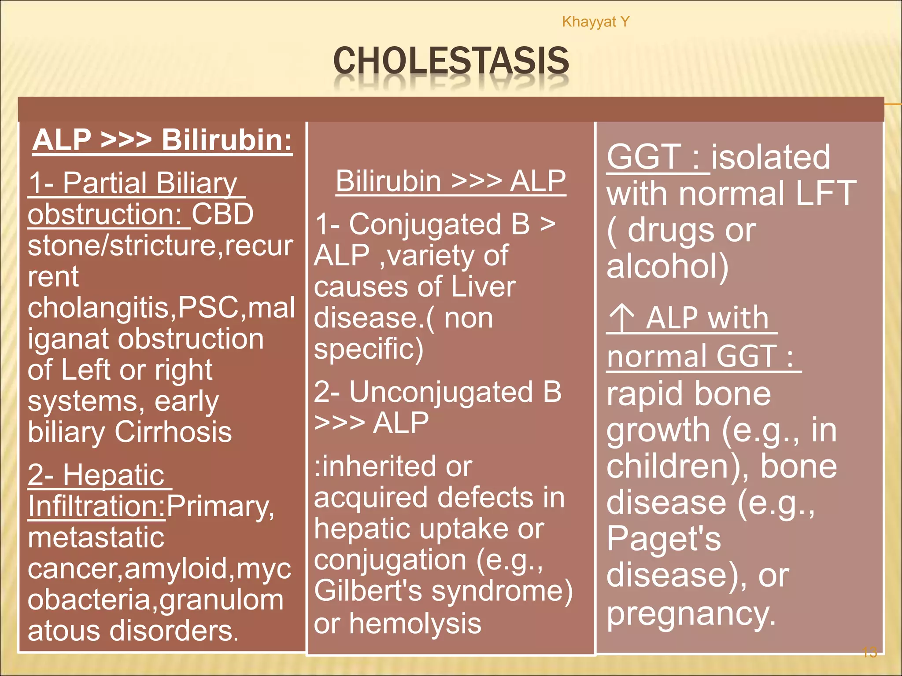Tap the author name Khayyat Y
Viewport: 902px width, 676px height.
click(x=595, y=22)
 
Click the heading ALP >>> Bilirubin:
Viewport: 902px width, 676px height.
click(x=162, y=140)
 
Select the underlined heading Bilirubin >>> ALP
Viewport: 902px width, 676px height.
click(x=451, y=181)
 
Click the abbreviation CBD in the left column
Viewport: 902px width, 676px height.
click(x=222, y=214)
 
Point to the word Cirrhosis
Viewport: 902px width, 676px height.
click(x=173, y=432)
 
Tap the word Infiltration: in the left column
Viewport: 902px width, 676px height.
click(x=96, y=507)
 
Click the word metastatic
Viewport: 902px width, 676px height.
click(x=96, y=537)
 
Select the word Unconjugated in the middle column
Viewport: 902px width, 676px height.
click(x=441, y=392)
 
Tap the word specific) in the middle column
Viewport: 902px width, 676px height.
click(x=369, y=349)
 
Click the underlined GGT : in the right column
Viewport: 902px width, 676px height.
click(x=657, y=157)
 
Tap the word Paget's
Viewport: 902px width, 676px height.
click(x=663, y=539)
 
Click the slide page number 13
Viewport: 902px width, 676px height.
click(x=869, y=652)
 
